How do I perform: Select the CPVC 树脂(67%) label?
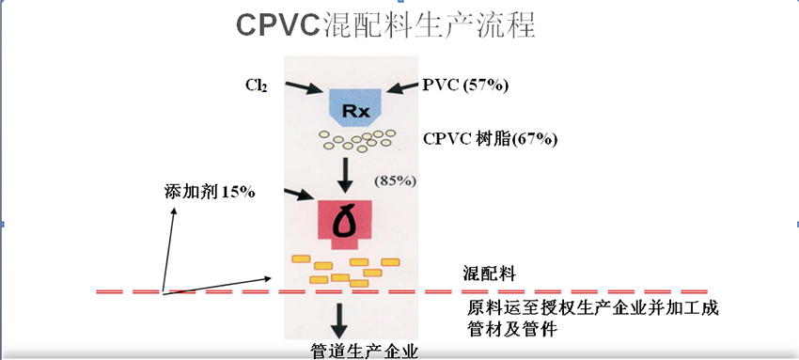(491, 139)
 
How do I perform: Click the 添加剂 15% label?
(205, 192)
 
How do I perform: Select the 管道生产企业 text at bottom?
(365, 351)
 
